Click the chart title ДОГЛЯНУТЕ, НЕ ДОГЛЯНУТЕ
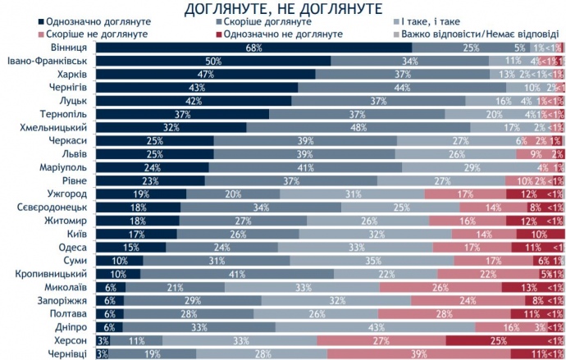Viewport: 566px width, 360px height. (285, 9)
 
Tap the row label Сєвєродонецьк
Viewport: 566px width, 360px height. (55, 207)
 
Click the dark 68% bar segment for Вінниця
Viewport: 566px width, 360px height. (253, 48)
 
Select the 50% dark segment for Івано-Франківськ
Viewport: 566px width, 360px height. (213, 62)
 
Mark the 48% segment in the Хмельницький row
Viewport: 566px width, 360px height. (358, 127)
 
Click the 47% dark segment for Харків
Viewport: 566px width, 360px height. (206, 75)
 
